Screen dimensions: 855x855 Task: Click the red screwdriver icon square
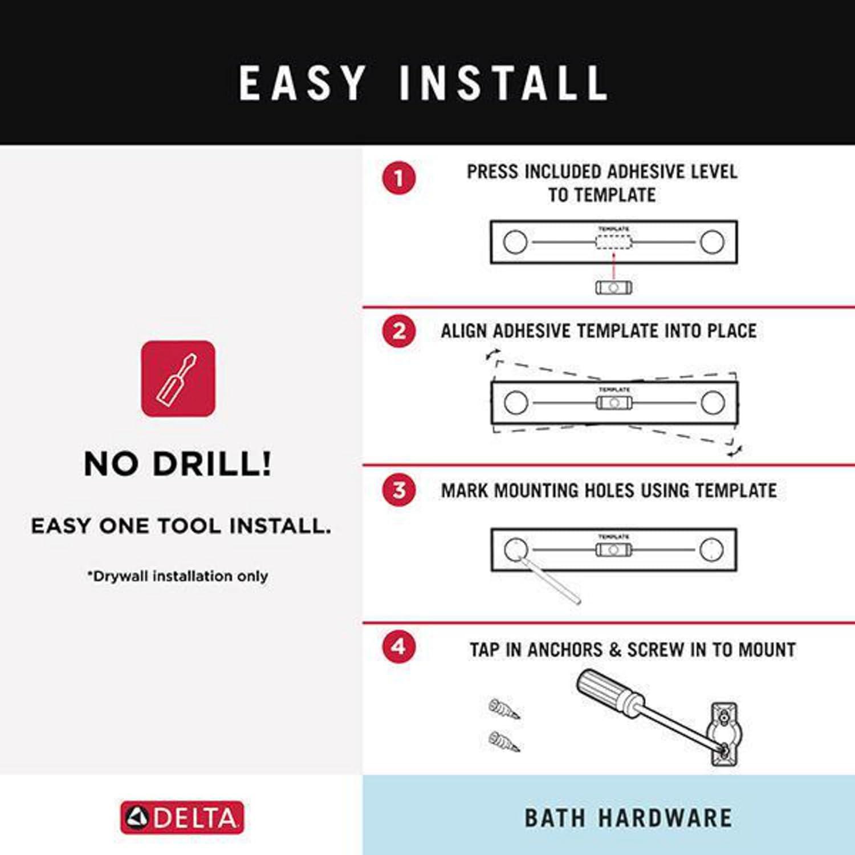point(178,378)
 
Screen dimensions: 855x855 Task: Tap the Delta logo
point(182,817)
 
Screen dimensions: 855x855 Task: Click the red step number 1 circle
point(399,178)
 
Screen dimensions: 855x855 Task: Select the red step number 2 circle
point(399,331)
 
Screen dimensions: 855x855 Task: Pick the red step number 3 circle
point(399,490)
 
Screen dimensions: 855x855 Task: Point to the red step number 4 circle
point(399,647)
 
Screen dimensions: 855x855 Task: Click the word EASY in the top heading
point(302,83)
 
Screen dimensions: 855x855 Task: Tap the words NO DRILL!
point(178,463)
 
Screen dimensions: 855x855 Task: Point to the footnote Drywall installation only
point(178,576)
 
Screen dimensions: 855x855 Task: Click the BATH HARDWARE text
point(628,818)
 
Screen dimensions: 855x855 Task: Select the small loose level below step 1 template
point(613,287)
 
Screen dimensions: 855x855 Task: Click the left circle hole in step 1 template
point(515,242)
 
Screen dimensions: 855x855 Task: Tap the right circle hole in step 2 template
point(712,402)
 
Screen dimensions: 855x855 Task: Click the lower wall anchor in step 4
point(504,741)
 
